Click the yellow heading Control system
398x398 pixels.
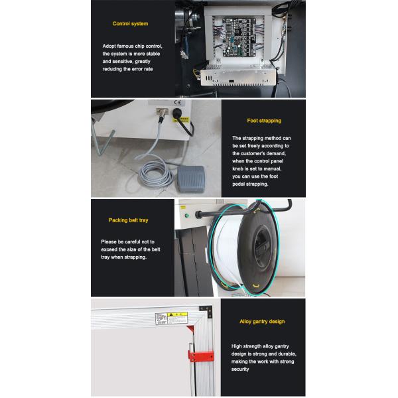(130, 24)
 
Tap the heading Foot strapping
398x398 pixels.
(264, 121)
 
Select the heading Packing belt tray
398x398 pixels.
(129, 220)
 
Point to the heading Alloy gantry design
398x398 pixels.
(262, 322)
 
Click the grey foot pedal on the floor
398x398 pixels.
(191, 178)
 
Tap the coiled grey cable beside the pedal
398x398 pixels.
(155, 174)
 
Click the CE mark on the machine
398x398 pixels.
(177, 103)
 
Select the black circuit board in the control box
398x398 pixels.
(239, 37)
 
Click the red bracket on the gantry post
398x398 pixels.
(201, 356)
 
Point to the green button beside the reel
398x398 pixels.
(187, 216)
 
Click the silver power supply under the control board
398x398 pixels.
(238, 76)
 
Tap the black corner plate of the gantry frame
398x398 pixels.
(206, 311)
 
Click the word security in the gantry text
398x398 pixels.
(240, 369)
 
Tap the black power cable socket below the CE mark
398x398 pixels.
(177, 113)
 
